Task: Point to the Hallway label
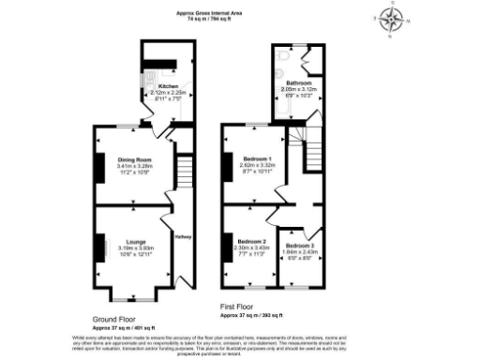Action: coord(184,236)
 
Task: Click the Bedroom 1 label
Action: coord(256,158)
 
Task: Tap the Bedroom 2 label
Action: coord(250,241)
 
